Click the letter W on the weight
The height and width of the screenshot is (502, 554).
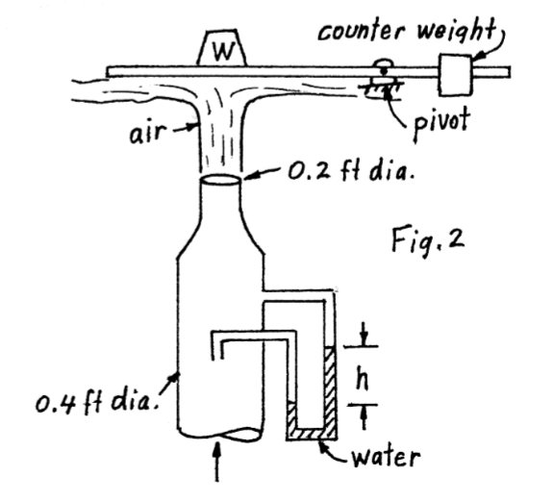coord(223,49)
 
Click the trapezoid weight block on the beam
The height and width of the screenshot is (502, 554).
coord(223,48)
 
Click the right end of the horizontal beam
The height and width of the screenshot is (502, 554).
coord(507,70)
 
